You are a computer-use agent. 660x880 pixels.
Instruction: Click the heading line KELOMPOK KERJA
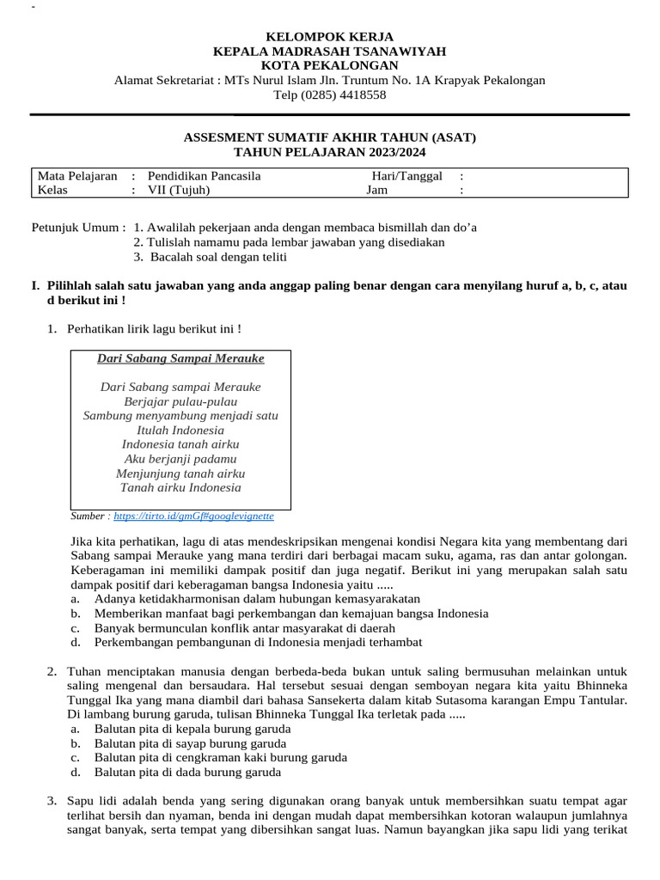(x=330, y=37)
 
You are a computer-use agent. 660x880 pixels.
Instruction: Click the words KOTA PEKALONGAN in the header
(x=330, y=66)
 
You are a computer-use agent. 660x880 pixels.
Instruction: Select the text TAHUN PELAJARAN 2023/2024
(x=330, y=152)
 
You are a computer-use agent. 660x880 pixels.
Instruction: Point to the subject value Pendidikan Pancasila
(x=205, y=176)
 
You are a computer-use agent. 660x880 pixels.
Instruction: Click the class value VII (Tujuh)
(x=179, y=191)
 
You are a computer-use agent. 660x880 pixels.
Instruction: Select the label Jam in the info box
(x=377, y=191)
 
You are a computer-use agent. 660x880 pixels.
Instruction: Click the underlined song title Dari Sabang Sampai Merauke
(x=180, y=358)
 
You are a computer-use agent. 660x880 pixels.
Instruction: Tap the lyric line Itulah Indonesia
(x=180, y=430)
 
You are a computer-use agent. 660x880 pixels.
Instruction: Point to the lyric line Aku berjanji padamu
(x=180, y=459)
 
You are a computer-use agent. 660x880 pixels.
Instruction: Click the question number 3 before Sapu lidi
(x=52, y=801)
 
